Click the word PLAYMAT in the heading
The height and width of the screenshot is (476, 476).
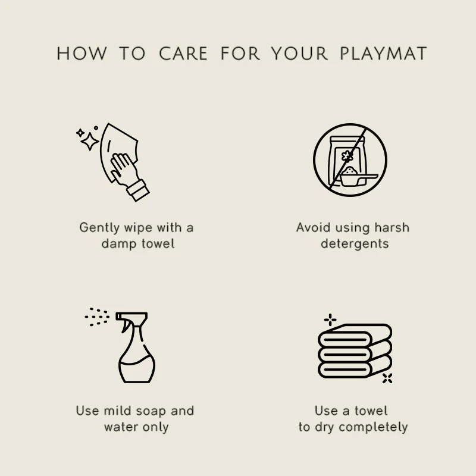[383, 54]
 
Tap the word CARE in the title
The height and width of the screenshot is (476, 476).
[183, 54]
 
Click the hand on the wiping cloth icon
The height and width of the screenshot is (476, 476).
[124, 169]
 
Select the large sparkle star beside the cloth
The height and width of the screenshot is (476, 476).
[90, 141]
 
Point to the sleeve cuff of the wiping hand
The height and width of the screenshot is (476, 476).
[138, 190]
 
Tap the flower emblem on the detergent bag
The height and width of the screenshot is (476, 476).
[347, 156]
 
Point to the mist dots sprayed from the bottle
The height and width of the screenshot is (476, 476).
[97, 317]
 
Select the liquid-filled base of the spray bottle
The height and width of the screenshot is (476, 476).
[137, 371]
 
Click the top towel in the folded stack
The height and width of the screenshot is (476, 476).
[355, 336]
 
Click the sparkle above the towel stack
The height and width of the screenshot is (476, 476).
[330, 320]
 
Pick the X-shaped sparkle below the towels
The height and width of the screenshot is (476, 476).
[387, 378]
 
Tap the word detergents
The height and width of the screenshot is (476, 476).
[355, 244]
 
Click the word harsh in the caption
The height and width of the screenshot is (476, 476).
[392, 227]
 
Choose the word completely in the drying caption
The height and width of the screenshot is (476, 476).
[373, 427]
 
